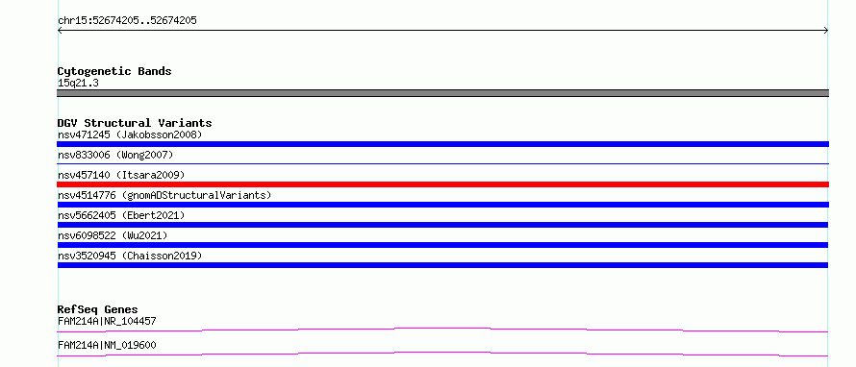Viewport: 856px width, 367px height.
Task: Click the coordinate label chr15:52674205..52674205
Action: [x=127, y=21]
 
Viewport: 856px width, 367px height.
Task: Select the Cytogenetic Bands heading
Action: [x=114, y=71]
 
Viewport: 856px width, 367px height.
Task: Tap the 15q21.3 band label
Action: [x=78, y=84]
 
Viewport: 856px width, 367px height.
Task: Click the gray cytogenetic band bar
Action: [x=442, y=93]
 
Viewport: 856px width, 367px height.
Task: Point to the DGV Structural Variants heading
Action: [x=135, y=123]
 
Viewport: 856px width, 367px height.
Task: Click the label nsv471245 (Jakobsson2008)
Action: [x=130, y=135]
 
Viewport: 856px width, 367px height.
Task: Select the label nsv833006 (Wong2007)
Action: [x=115, y=155]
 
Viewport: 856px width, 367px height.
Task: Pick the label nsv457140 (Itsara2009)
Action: [x=121, y=175]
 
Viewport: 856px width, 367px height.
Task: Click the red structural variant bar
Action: [x=442, y=184]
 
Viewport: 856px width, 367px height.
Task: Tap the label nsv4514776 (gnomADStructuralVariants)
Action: [x=164, y=195]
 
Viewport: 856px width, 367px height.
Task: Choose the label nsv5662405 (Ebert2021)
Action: [x=121, y=215]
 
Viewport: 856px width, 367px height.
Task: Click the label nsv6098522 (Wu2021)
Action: [x=113, y=235]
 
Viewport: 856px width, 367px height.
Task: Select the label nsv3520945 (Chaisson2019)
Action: [x=130, y=256]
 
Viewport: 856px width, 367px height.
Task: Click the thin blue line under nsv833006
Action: [x=442, y=163]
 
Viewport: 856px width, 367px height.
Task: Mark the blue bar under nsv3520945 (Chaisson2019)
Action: [x=442, y=265]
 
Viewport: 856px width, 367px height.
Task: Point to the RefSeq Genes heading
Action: [x=98, y=309]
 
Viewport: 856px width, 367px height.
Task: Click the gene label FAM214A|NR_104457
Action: [x=107, y=321]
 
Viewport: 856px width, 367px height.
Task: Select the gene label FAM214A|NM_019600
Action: [x=107, y=345]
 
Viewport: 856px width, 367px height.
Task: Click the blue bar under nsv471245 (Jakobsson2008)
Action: [x=442, y=144]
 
